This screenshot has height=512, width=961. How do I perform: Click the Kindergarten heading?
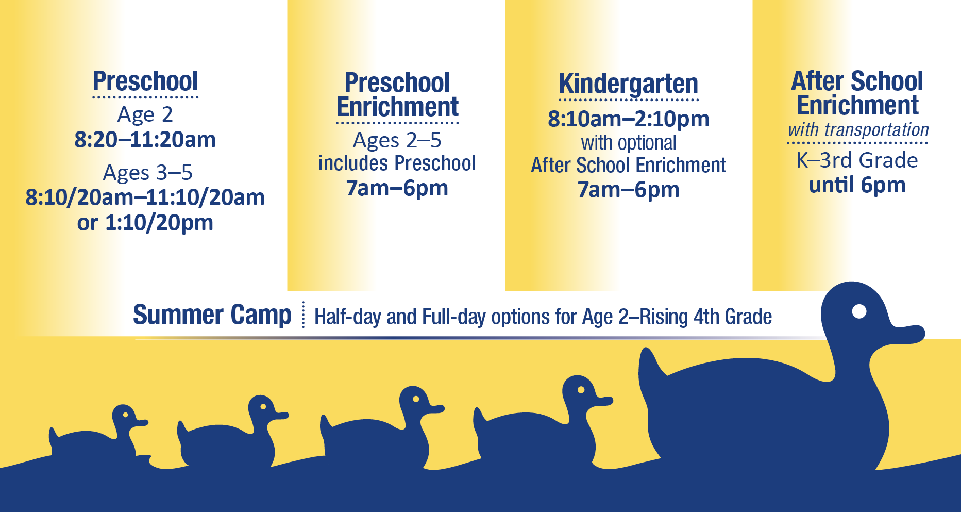(x=629, y=84)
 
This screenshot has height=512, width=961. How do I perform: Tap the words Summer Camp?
(x=212, y=315)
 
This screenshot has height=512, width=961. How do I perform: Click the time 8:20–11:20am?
(x=145, y=140)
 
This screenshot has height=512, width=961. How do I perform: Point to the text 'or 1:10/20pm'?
(x=145, y=223)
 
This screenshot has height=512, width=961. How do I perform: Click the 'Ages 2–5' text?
(x=397, y=141)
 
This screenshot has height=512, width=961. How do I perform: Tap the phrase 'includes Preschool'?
(x=397, y=163)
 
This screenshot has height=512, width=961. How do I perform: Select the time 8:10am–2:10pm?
(x=629, y=119)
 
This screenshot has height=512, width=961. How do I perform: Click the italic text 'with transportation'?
(x=858, y=130)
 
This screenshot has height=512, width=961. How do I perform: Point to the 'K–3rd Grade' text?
(x=857, y=160)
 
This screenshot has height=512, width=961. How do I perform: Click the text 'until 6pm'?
(x=857, y=185)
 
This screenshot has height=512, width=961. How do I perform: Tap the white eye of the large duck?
(x=859, y=311)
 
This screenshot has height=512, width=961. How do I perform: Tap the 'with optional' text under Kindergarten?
(x=629, y=143)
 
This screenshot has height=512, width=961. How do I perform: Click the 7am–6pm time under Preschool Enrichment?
(x=397, y=188)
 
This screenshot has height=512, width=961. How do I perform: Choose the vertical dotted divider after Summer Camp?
(x=304, y=315)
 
